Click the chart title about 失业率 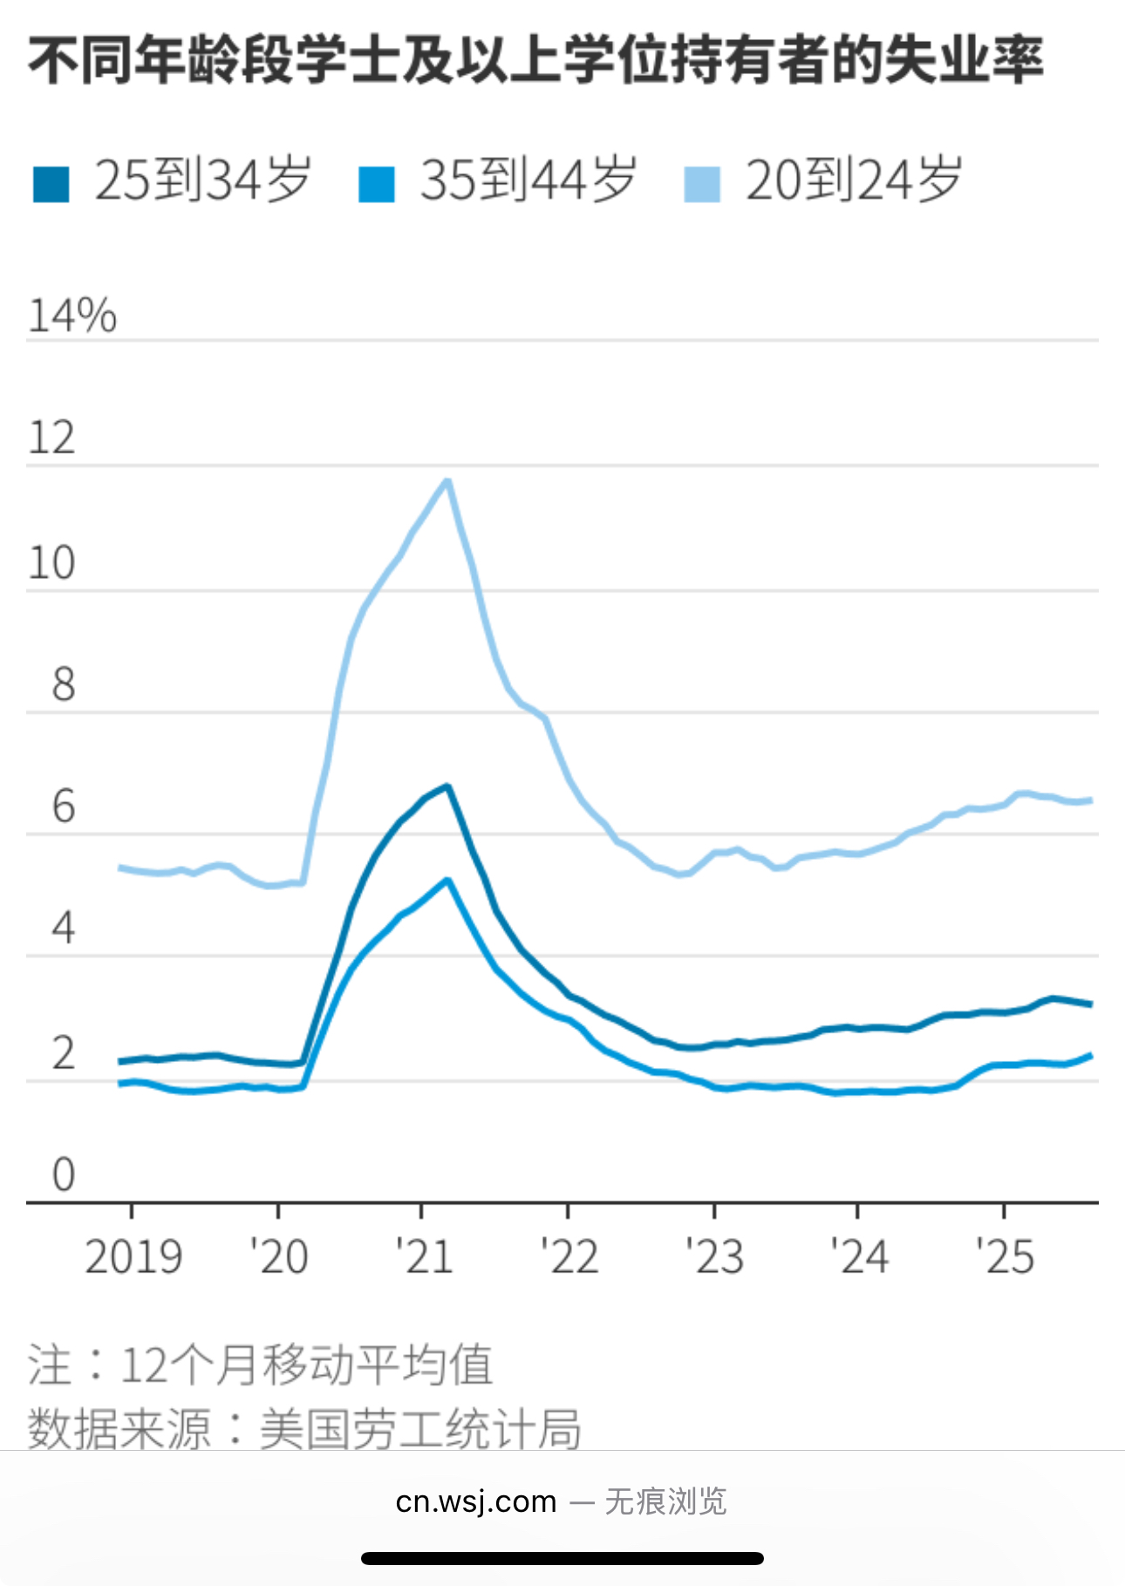(x=535, y=61)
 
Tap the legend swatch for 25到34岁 (x=51, y=184)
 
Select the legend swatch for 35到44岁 (x=377, y=184)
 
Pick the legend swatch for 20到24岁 (x=702, y=184)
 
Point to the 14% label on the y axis (x=72, y=316)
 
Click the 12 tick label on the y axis (x=52, y=438)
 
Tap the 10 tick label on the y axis (x=52, y=563)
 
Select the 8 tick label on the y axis (x=63, y=685)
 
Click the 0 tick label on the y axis (x=63, y=1174)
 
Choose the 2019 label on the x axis (x=133, y=1256)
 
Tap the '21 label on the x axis (x=424, y=1256)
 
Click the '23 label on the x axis (x=714, y=1256)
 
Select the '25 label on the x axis (x=1005, y=1256)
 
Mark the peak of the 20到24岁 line (x=447, y=480)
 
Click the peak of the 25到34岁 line (x=447, y=786)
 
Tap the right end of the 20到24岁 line (x=1090, y=800)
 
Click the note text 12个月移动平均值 (x=305, y=1365)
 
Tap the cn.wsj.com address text (x=475, y=1501)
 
